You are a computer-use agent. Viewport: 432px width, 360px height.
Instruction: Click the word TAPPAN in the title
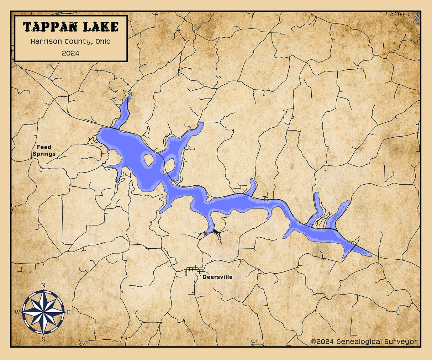(49, 27)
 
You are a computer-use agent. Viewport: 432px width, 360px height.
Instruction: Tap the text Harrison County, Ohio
(70, 41)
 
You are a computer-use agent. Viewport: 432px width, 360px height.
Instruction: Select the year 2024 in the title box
(70, 53)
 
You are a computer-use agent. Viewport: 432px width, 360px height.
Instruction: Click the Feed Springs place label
(44, 150)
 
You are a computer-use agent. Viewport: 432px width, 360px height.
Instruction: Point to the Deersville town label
(217, 277)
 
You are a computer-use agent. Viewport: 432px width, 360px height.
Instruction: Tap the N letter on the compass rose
(43, 285)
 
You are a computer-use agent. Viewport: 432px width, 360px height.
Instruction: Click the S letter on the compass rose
(43, 339)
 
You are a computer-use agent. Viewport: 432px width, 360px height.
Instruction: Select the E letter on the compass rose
(69, 312)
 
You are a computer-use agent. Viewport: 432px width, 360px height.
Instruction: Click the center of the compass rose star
(43, 312)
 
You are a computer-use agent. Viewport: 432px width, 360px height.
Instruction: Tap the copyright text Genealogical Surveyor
(364, 342)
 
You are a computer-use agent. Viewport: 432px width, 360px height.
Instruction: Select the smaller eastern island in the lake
(170, 165)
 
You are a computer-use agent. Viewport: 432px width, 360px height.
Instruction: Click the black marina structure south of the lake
(216, 232)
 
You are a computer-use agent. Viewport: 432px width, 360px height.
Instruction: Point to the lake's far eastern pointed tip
(370, 255)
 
